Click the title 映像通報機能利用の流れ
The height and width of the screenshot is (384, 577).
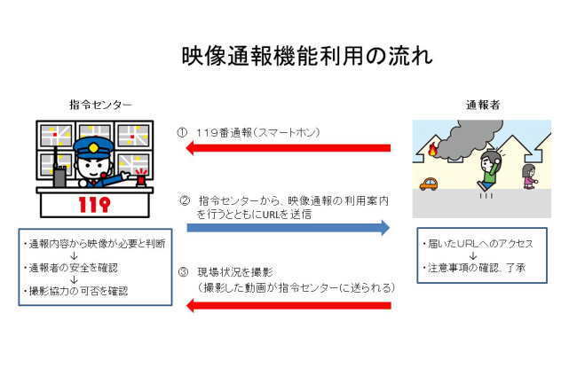coord(307,56)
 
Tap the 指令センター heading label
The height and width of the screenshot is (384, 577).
coord(100,105)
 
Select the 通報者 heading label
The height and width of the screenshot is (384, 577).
coord(483,106)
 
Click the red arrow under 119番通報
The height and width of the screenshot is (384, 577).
coord(288,148)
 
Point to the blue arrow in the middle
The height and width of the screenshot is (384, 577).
coord(288,228)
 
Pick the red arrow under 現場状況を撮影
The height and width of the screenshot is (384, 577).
coord(288,305)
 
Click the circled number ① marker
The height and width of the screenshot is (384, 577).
coord(182,133)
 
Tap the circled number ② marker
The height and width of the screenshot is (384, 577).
coord(185,200)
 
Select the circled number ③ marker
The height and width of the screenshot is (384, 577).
coord(183,272)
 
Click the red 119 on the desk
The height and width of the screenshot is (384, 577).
coord(94,205)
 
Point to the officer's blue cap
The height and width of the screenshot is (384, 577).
coord(93,145)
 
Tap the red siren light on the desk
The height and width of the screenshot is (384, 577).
coord(141,178)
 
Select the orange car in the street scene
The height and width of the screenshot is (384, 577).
coord(429,184)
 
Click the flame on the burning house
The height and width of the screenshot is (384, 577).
coord(434,149)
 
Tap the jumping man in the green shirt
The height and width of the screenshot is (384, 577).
coord(489,170)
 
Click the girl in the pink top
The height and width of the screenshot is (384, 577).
coord(529,176)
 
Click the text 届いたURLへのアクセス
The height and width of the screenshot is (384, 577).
coord(478,243)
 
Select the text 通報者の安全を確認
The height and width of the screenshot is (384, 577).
coord(71,268)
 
